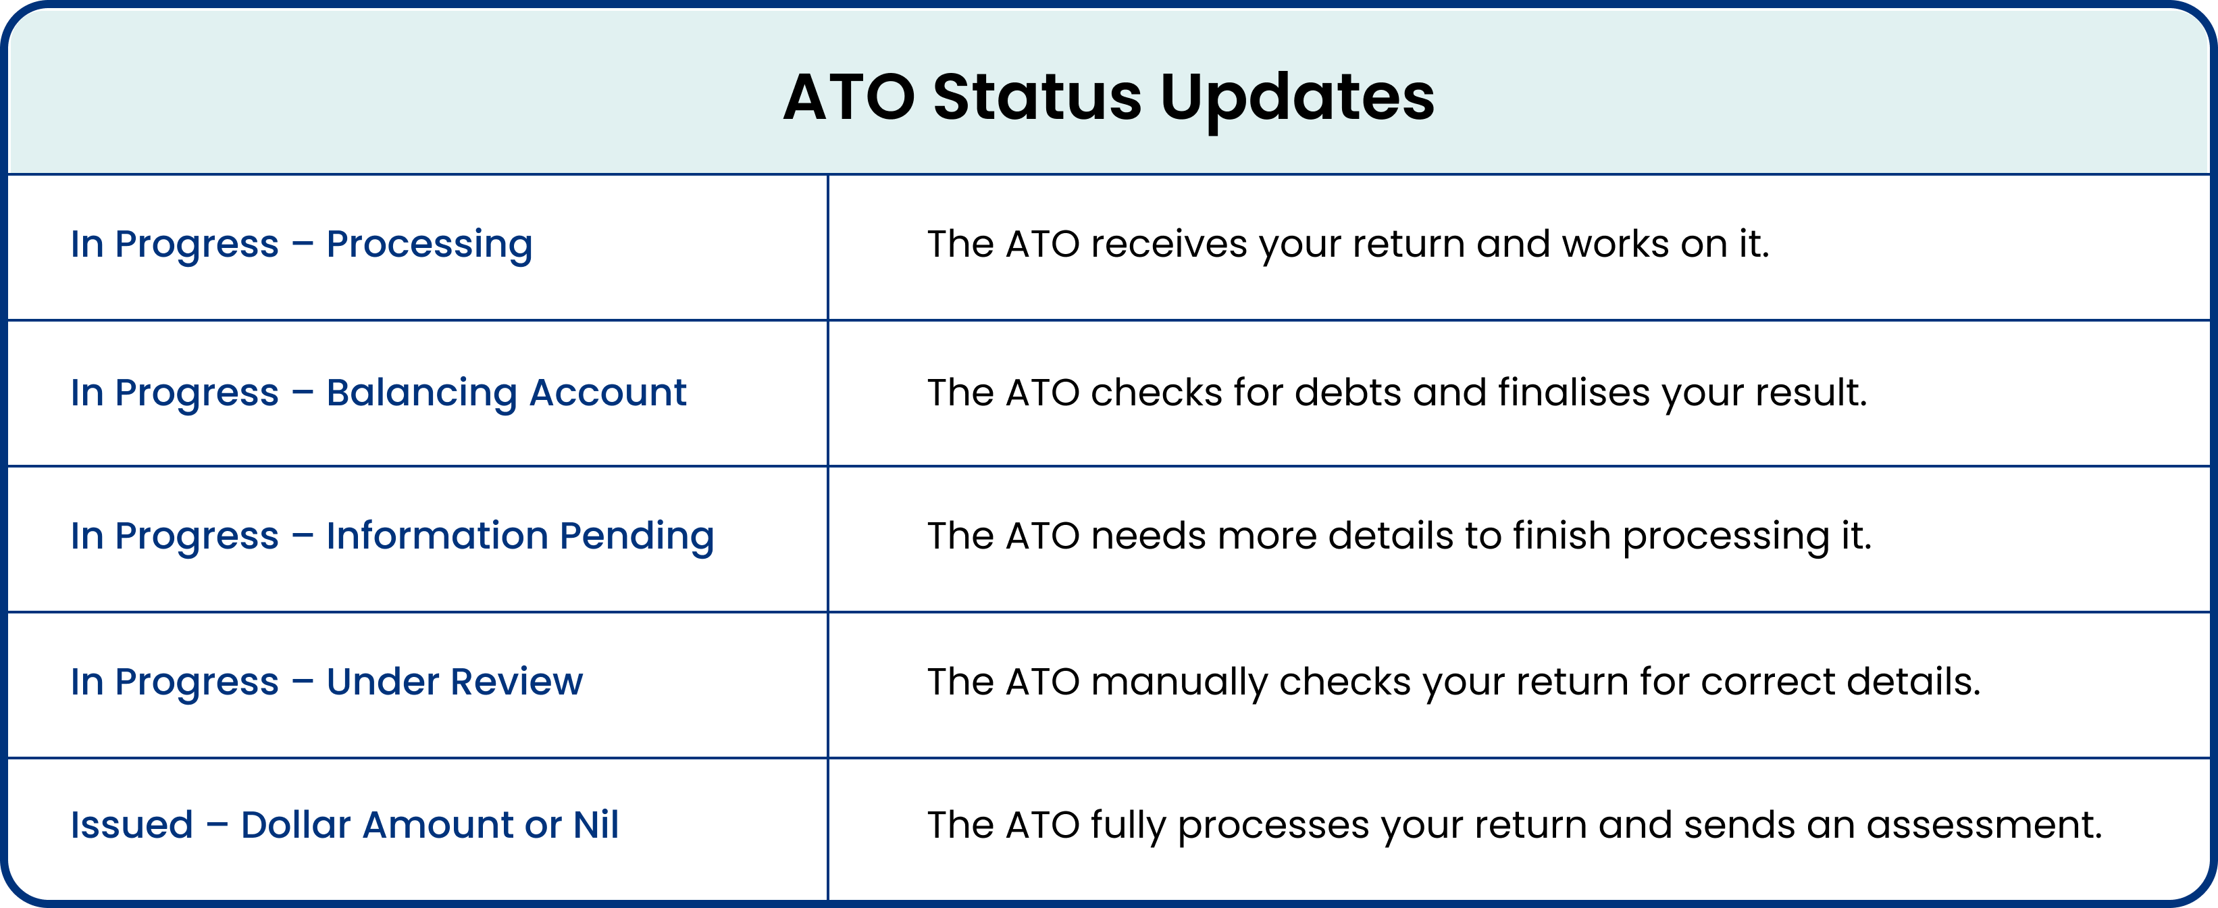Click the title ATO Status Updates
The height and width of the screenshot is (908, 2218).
[1108, 97]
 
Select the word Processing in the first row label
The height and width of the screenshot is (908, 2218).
[430, 245]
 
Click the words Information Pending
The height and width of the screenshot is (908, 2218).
[520, 536]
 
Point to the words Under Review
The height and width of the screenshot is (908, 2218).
[455, 682]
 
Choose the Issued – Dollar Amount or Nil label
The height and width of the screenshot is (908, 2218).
[344, 824]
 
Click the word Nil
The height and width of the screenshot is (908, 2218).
[596, 824]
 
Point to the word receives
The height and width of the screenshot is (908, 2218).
[1168, 245]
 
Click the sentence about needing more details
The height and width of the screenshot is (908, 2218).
[1399, 536]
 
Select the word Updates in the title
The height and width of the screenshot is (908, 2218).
[1297, 98]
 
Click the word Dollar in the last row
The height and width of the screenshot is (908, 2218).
[295, 824]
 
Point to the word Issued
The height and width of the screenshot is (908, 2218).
[132, 824]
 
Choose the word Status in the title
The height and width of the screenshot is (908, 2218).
[1037, 97]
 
